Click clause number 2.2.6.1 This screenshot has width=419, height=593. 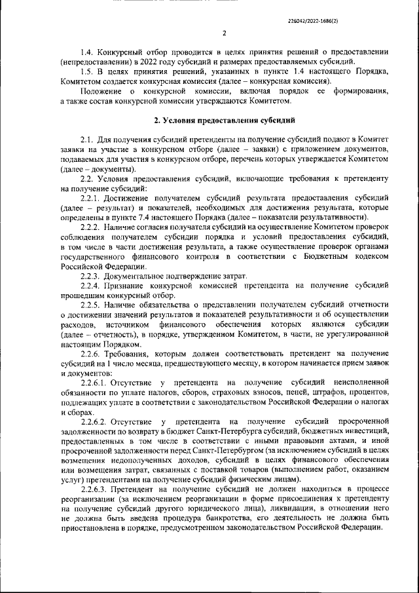(94, 383)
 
